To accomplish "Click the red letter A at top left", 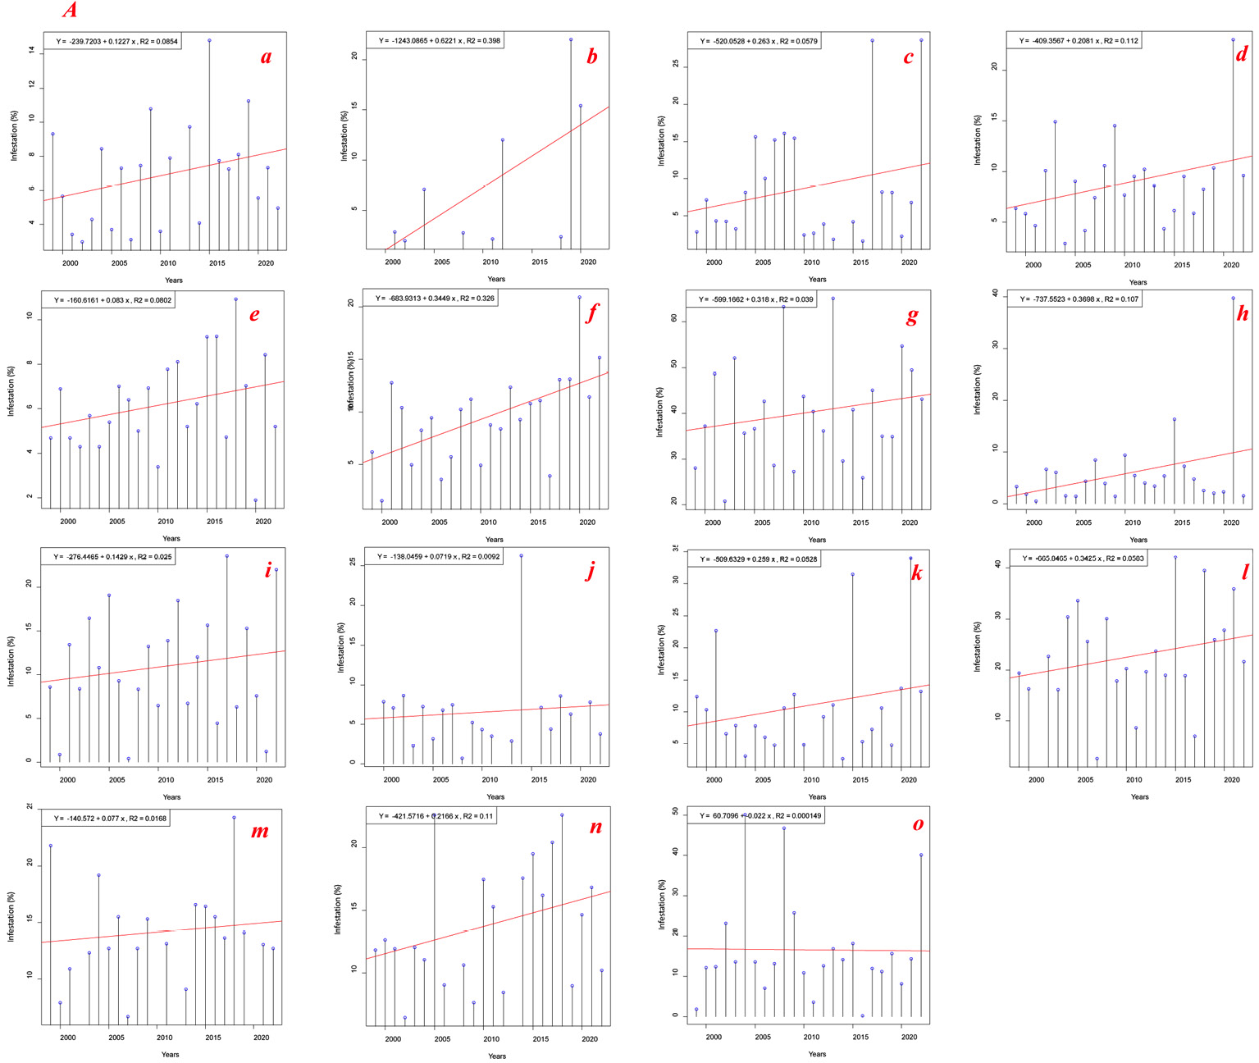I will tap(71, 10).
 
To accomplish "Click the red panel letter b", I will tap(591, 57).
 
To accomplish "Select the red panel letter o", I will tap(918, 824).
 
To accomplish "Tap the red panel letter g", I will tap(912, 316).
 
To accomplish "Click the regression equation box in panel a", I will tap(112, 41).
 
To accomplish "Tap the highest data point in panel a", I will tap(209, 40).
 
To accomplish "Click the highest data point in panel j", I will tap(521, 555).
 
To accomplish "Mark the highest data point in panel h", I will tap(1233, 299).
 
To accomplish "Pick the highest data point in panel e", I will tap(235, 299).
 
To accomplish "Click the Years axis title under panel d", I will tap(1138, 282).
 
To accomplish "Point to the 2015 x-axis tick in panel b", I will tap(539, 262).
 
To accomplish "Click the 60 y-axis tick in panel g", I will tap(674, 319).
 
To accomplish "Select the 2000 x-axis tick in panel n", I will tap(393, 1039).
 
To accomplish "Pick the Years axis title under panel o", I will tap(817, 1054).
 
